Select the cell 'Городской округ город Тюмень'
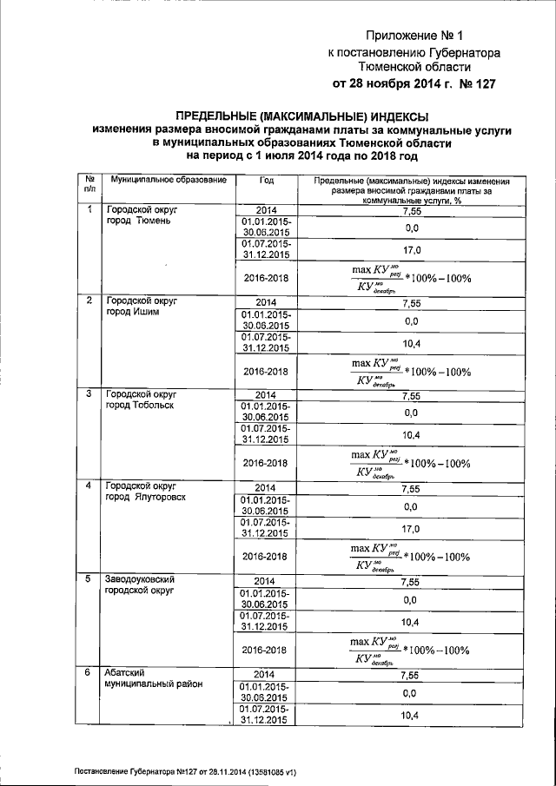[143, 215]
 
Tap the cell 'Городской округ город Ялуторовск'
[148, 492]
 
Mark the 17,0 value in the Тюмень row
[412, 250]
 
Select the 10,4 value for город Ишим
[412, 343]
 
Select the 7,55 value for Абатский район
[412, 675]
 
